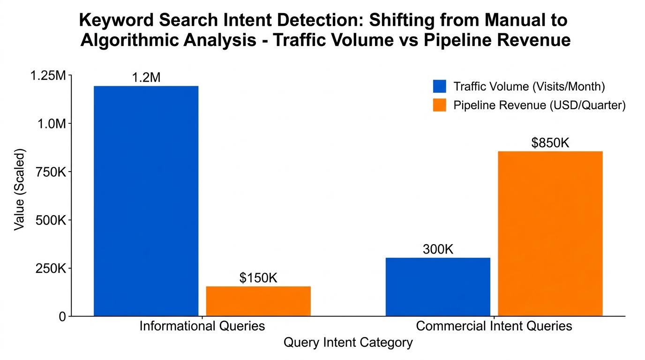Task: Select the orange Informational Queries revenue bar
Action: click(258, 301)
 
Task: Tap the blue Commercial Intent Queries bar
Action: click(438, 286)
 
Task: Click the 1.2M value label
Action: click(146, 78)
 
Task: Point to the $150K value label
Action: click(258, 278)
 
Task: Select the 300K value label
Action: click(438, 250)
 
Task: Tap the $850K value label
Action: click(550, 143)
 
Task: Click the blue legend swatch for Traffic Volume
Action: click(439, 87)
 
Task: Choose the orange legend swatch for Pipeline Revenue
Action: click(439, 105)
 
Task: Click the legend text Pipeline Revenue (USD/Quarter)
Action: click(540, 105)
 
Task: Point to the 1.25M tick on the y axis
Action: click(45, 75)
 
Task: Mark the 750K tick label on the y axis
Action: click(48, 172)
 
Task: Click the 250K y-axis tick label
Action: click(48, 269)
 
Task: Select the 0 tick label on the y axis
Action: click(62, 317)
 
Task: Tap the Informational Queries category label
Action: click(202, 326)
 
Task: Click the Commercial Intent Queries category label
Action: click(494, 326)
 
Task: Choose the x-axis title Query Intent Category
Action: click(348, 343)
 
